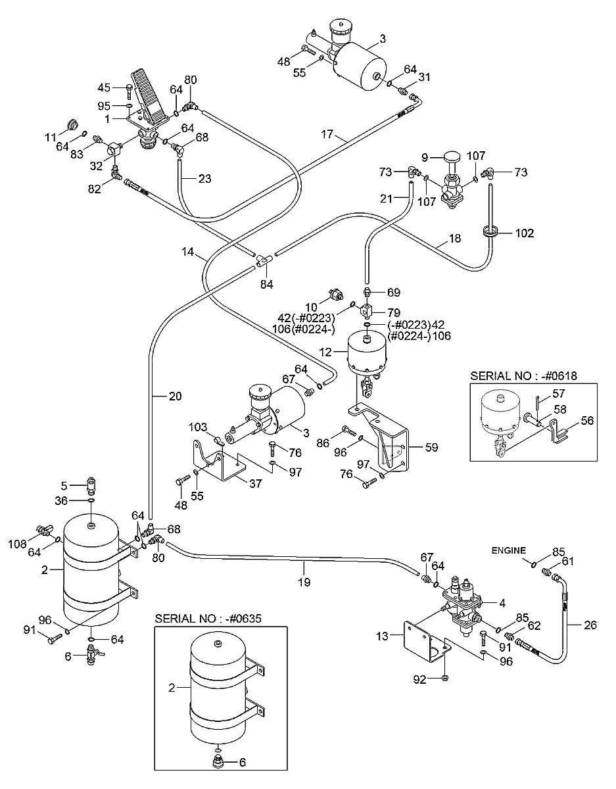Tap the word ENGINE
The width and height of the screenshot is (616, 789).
tap(509, 550)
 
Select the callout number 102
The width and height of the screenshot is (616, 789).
tap(525, 233)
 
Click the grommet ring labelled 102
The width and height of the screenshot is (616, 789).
tap(490, 231)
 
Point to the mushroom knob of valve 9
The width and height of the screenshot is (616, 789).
tap(451, 158)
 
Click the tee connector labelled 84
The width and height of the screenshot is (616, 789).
tap(264, 260)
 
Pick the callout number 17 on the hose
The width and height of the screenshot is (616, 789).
tap(327, 134)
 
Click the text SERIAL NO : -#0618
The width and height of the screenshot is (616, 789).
tap(523, 376)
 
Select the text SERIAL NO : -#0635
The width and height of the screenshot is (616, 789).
tap(208, 619)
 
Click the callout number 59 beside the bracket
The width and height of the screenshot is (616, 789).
tap(431, 447)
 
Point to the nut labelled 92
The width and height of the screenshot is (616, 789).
tap(445, 677)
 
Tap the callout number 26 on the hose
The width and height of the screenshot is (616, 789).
tap(590, 625)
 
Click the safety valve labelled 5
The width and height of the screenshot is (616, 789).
tap(91, 485)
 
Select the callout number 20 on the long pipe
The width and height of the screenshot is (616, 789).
tap(175, 396)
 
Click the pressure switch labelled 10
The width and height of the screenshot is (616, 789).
tap(335, 294)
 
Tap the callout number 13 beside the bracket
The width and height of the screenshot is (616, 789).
tap(382, 636)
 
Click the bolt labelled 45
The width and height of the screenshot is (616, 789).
tap(130, 91)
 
